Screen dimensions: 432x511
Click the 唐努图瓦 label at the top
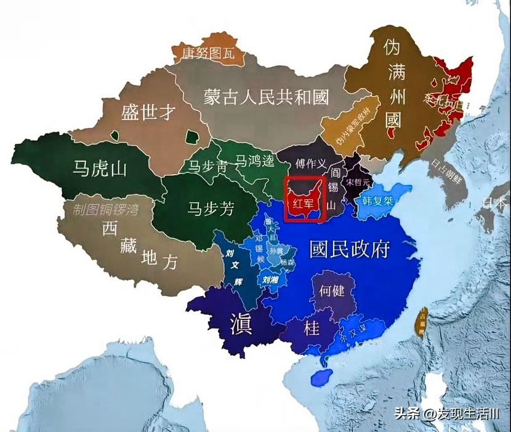click(x=208, y=53)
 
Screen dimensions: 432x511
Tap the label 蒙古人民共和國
click(x=266, y=97)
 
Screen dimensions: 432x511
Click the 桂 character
click(x=312, y=329)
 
